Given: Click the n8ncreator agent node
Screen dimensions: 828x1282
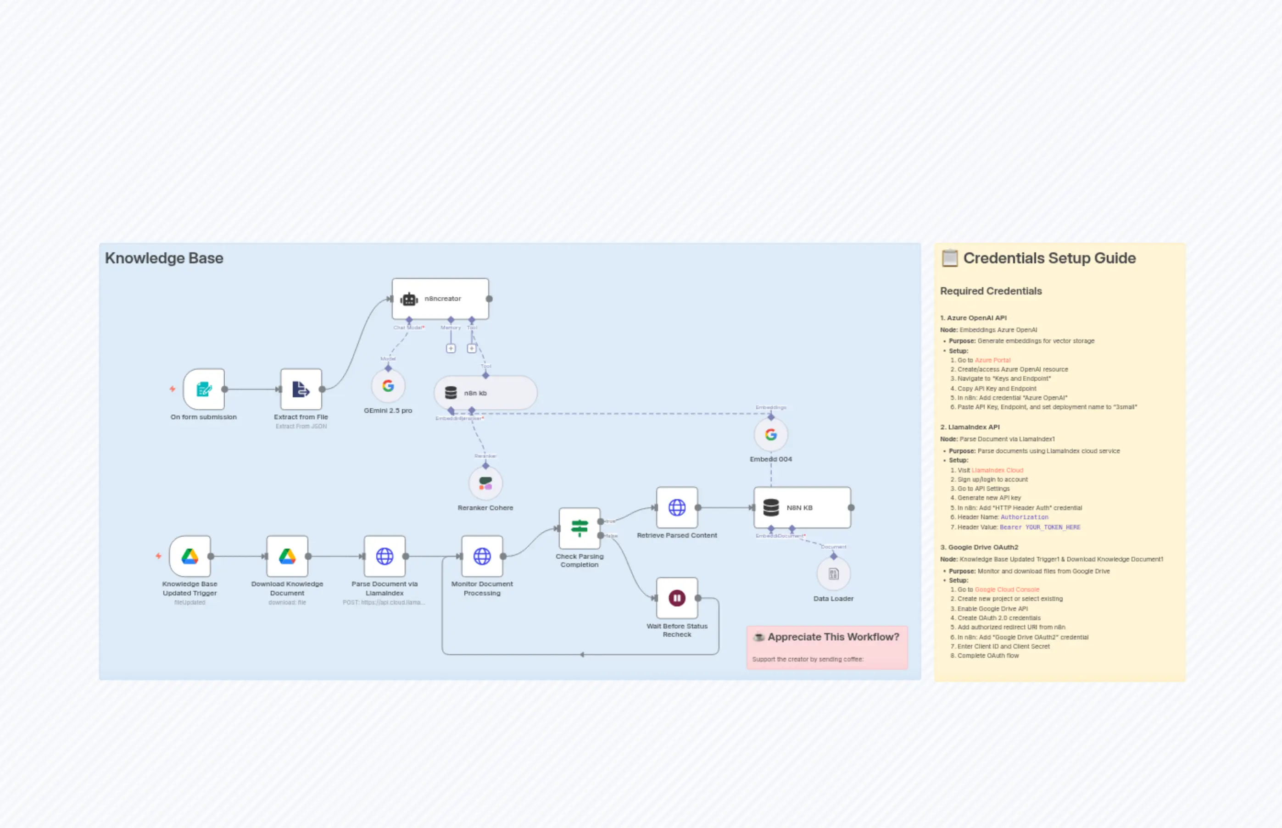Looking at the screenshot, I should coord(440,299).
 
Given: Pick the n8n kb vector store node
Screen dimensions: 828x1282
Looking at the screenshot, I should coord(485,393).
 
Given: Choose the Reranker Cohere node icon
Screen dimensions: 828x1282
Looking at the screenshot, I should coord(485,484).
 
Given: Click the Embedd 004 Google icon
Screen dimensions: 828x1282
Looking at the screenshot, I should coord(770,434).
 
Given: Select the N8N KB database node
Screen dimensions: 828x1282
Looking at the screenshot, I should coord(801,507).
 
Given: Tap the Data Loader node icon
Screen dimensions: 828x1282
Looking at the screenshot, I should coord(833,574).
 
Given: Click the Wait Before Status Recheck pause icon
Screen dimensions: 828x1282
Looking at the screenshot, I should coord(676,598).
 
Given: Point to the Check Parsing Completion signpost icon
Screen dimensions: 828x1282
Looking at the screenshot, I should coord(579,528).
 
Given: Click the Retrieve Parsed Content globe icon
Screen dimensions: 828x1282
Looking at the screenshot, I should coord(676,507).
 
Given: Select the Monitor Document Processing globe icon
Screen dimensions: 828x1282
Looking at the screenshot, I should coord(482,556).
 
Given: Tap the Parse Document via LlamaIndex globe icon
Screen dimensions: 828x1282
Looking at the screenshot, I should coord(385,556).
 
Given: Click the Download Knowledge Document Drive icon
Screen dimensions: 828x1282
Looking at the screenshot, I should coord(287,556).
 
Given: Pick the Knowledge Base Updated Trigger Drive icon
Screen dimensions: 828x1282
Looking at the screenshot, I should coord(190,556).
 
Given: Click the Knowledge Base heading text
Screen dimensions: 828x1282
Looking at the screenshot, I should coord(164,258).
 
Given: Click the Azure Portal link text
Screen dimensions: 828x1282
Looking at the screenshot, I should coord(992,360).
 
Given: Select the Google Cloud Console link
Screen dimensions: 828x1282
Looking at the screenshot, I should coord(1007,590).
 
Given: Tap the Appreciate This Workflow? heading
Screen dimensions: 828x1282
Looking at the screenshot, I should coord(832,637).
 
